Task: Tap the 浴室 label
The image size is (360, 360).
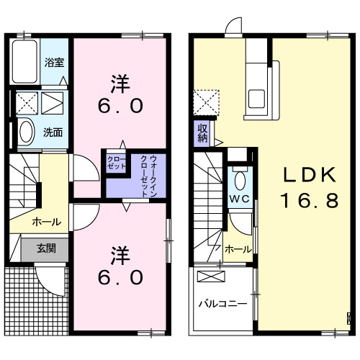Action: pyautogui.click(x=53, y=62)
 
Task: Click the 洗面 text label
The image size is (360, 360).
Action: pyautogui.click(x=52, y=132)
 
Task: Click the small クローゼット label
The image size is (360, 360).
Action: pyautogui.click(x=116, y=162)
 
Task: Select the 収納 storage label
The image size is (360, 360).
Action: pyautogui.click(x=202, y=132)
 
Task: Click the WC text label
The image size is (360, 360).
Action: pyautogui.click(x=240, y=197)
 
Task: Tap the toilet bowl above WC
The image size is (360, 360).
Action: pyautogui.click(x=240, y=179)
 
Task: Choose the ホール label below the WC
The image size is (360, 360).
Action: pyautogui.click(x=238, y=249)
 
